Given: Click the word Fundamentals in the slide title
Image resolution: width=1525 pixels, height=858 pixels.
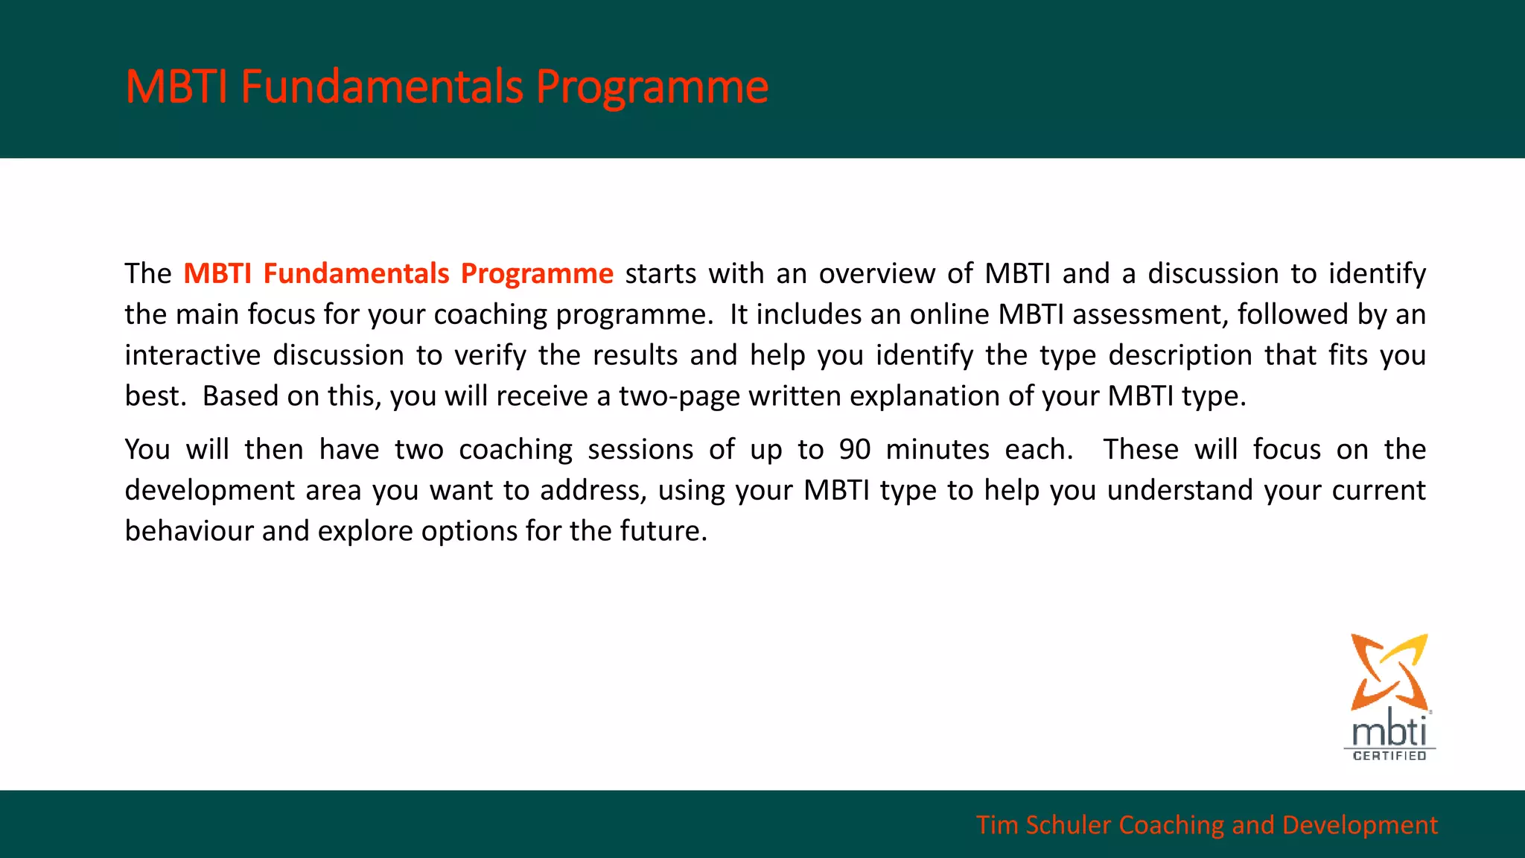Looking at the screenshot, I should pyautogui.click(x=382, y=86).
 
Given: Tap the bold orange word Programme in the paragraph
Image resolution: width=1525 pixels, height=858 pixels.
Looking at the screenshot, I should pyautogui.click(x=537, y=273).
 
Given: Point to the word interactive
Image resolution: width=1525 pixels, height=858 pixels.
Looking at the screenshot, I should pyautogui.click(x=192, y=355).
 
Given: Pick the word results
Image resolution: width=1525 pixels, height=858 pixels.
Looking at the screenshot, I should pyautogui.click(x=635, y=355).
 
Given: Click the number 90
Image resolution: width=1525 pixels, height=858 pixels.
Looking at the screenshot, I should pyautogui.click(x=855, y=450).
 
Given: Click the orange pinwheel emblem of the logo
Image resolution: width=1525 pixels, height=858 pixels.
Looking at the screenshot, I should pyautogui.click(x=1389, y=671).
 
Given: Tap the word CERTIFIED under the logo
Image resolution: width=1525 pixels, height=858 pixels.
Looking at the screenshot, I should pyautogui.click(x=1389, y=756).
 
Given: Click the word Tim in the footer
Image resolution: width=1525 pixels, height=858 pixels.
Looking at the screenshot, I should pyautogui.click(x=996, y=825).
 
